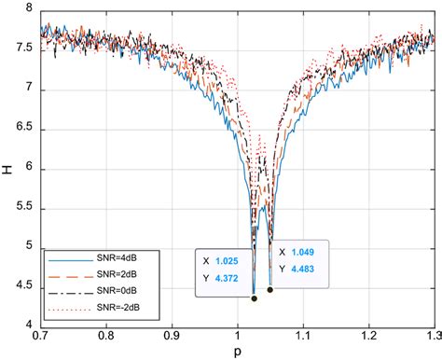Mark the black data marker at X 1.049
coord(269,290)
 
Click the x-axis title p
coord(237,352)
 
